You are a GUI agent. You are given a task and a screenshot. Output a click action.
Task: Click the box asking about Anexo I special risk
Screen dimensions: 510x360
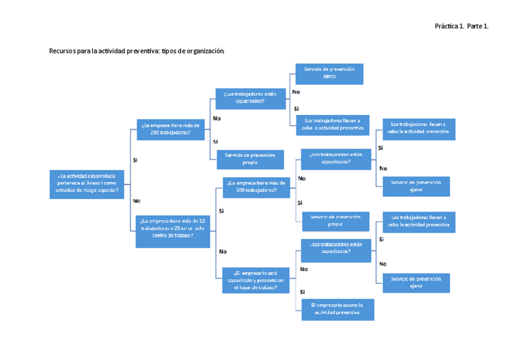[x=87, y=185]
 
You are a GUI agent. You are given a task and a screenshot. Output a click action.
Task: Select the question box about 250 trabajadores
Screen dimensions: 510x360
[x=170, y=129]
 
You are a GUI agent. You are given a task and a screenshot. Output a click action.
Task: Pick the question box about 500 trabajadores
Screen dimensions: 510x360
[x=256, y=187]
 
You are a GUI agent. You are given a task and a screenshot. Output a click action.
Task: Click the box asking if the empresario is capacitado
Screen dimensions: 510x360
[x=256, y=280]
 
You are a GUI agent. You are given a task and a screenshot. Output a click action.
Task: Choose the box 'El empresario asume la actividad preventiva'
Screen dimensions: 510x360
[x=337, y=309]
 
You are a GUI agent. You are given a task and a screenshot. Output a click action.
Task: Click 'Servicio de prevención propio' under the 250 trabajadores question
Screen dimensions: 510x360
[x=250, y=159]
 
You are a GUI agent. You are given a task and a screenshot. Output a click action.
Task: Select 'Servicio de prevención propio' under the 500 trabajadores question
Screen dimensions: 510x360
[x=335, y=221]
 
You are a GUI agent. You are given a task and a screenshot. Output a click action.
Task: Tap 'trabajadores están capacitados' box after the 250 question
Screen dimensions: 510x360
[x=250, y=98]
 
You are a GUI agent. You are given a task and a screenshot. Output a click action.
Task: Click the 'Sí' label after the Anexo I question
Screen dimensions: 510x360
[x=135, y=160]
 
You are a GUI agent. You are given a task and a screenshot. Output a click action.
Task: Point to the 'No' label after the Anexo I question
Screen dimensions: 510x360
[x=137, y=201]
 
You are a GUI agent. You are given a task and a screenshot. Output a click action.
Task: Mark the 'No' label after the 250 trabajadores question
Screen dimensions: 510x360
[x=217, y=118]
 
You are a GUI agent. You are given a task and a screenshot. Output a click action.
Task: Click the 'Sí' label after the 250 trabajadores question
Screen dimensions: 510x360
[x=215, y=141]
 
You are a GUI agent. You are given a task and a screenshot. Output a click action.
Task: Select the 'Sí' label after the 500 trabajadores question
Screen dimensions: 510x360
[x=300, y=203]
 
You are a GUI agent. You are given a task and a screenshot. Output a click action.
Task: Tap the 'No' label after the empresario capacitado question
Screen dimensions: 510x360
[x=303, y=269]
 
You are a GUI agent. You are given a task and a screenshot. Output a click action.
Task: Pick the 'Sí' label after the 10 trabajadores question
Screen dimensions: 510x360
[x=221, y=211]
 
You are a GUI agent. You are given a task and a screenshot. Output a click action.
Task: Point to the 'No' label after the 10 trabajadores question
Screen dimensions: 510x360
[x=223, y=251]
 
